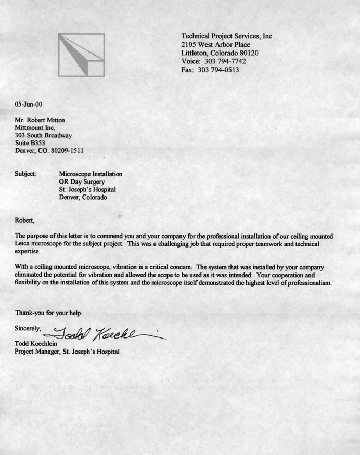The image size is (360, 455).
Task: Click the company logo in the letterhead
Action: [x=81, y=55]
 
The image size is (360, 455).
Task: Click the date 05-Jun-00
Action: [x=29, y=104]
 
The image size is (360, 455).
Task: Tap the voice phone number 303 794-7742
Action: [x=225, y=61]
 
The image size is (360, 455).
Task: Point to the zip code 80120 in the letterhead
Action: [x=249, y=53]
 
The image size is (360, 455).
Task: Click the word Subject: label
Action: [x=25, y=174]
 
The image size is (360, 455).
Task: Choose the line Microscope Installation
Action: [x=91, y=174]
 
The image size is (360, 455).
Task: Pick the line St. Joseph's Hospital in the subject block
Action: [x=87, y=190]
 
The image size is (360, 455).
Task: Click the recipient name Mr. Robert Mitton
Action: [x=40, y=120]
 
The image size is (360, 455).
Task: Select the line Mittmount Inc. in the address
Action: [x=35, y=128]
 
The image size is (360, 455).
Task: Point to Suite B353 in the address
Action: [x=31, y=143]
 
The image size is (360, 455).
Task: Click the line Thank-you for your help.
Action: [x=48, y=313]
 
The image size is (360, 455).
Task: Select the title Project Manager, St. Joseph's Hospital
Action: [x=67, y=352]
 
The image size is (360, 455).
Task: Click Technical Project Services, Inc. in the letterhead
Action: [x=227, y=36]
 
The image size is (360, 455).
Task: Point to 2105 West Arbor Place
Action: [x=215, y=45]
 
